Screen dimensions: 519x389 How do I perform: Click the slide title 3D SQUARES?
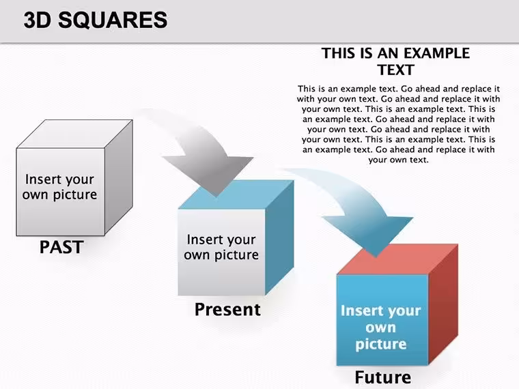click(x=96, y=20)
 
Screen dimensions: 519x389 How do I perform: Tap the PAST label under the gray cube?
click(x=61, y=247)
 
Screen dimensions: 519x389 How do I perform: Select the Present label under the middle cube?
click(x=227, y=310)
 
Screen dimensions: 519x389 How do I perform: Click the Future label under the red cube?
click(x=383, y=377)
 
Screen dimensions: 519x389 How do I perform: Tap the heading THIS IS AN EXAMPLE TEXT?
click(x=395, y=61)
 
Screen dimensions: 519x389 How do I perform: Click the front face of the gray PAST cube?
click(x=61, y=192)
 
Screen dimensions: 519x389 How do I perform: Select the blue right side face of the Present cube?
click(x=279, y=237)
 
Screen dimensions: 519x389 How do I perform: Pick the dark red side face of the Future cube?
click(x=443, y=304)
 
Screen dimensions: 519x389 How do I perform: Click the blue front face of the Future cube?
click(x=382, y=320)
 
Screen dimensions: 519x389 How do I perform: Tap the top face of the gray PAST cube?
click(x=75, y=134)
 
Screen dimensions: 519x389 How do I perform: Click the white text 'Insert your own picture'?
click(x=380, y=327)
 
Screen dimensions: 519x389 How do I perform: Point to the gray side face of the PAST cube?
click(x=119, y=177)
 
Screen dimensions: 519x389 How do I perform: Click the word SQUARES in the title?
click(x=113, y=20)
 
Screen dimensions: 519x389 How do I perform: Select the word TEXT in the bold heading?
click(x=395, y=70)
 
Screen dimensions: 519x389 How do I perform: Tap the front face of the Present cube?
click(x=221, y=252)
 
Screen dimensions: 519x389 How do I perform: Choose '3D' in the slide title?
click(x=38, y=20)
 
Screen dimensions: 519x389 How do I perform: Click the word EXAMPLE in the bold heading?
click(x=436, y=53)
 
